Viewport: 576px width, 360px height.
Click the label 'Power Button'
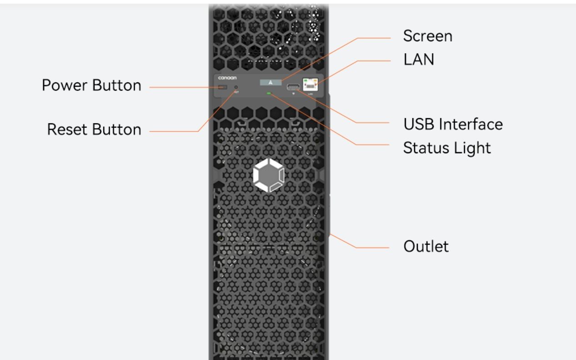pos(91,85)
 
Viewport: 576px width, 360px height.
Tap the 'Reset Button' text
pos(94,130)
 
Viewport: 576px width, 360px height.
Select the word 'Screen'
pos(427,36)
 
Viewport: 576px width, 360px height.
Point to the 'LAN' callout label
pos(418,60)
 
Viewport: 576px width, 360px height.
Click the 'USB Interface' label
pos(453,124)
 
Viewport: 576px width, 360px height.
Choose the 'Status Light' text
pos(447,148)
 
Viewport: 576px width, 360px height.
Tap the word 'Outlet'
pos(426,246)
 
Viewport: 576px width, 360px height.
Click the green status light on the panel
pos(269,94)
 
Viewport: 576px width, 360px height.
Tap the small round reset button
pos(235,87)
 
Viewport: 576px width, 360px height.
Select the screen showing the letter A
pos(271,82)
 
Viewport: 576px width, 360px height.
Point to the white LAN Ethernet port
pos(311,85)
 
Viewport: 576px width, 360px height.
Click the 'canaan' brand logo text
pos(227,78)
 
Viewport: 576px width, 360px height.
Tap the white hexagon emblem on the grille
pos(269,175)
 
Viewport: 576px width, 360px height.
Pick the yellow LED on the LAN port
pos(315,81)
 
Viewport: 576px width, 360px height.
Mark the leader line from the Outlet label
pos(359,247)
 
